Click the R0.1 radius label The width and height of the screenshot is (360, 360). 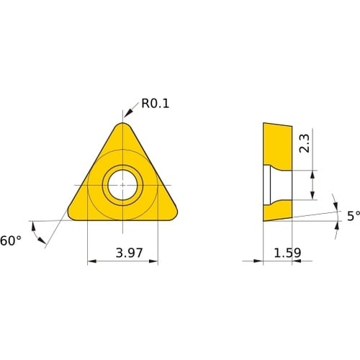pos(156,104)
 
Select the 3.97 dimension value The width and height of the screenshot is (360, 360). pos(129,253)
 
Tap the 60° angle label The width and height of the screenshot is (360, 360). pos(11,240)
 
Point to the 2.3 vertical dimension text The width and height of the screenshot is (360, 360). pos(305,143)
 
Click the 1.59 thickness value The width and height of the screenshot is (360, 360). pos(287,253)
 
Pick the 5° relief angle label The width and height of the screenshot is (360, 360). pos(354,216)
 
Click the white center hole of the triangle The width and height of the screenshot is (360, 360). pos(122,185)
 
